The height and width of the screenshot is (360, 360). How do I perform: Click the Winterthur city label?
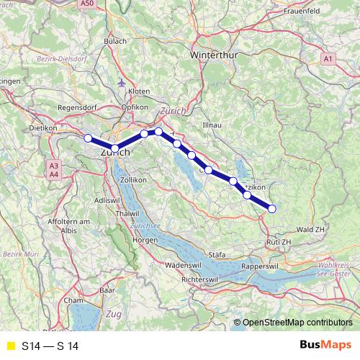(x=215, y=54)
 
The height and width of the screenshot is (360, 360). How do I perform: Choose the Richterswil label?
(x=205, y=278)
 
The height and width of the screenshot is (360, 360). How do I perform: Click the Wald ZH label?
(x=310, y=228)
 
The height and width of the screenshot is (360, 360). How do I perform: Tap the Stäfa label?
(x=217, y=255)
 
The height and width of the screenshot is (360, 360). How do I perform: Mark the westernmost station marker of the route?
(x=88, y=138)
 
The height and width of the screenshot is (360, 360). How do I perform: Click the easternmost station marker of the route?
(x=272, y=209)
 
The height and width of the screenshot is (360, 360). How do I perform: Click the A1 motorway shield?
(x=328, y=58)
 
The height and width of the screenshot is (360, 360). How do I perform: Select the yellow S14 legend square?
(x=9, y=346)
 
